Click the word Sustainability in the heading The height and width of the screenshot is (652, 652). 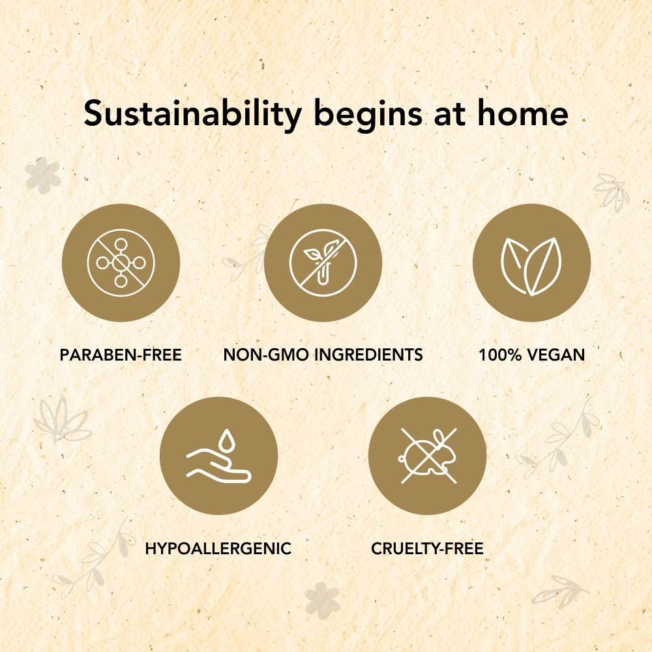pos(192,114)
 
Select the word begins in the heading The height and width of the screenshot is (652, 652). pos(368,115)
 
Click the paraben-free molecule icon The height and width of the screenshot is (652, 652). pos(121,263)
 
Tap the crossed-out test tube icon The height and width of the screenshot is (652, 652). pos(323,263)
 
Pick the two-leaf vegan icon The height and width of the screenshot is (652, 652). pos(531,266)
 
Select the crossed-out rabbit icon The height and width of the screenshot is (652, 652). pos(428,456)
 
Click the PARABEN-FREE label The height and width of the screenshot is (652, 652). pos(121,355)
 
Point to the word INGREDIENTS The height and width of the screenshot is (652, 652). pos(368,355)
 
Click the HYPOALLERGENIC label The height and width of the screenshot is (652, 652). pos(218,548)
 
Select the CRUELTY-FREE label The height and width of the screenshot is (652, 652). pos(427,548)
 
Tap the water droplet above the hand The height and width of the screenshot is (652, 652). pos(227,440)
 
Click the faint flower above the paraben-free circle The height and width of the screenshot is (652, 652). pos(43,175)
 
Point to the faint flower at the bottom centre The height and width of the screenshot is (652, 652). pos(322,600)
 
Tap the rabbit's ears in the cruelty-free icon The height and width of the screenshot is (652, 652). pos(439,438)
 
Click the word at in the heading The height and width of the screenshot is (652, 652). pos(449,114)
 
